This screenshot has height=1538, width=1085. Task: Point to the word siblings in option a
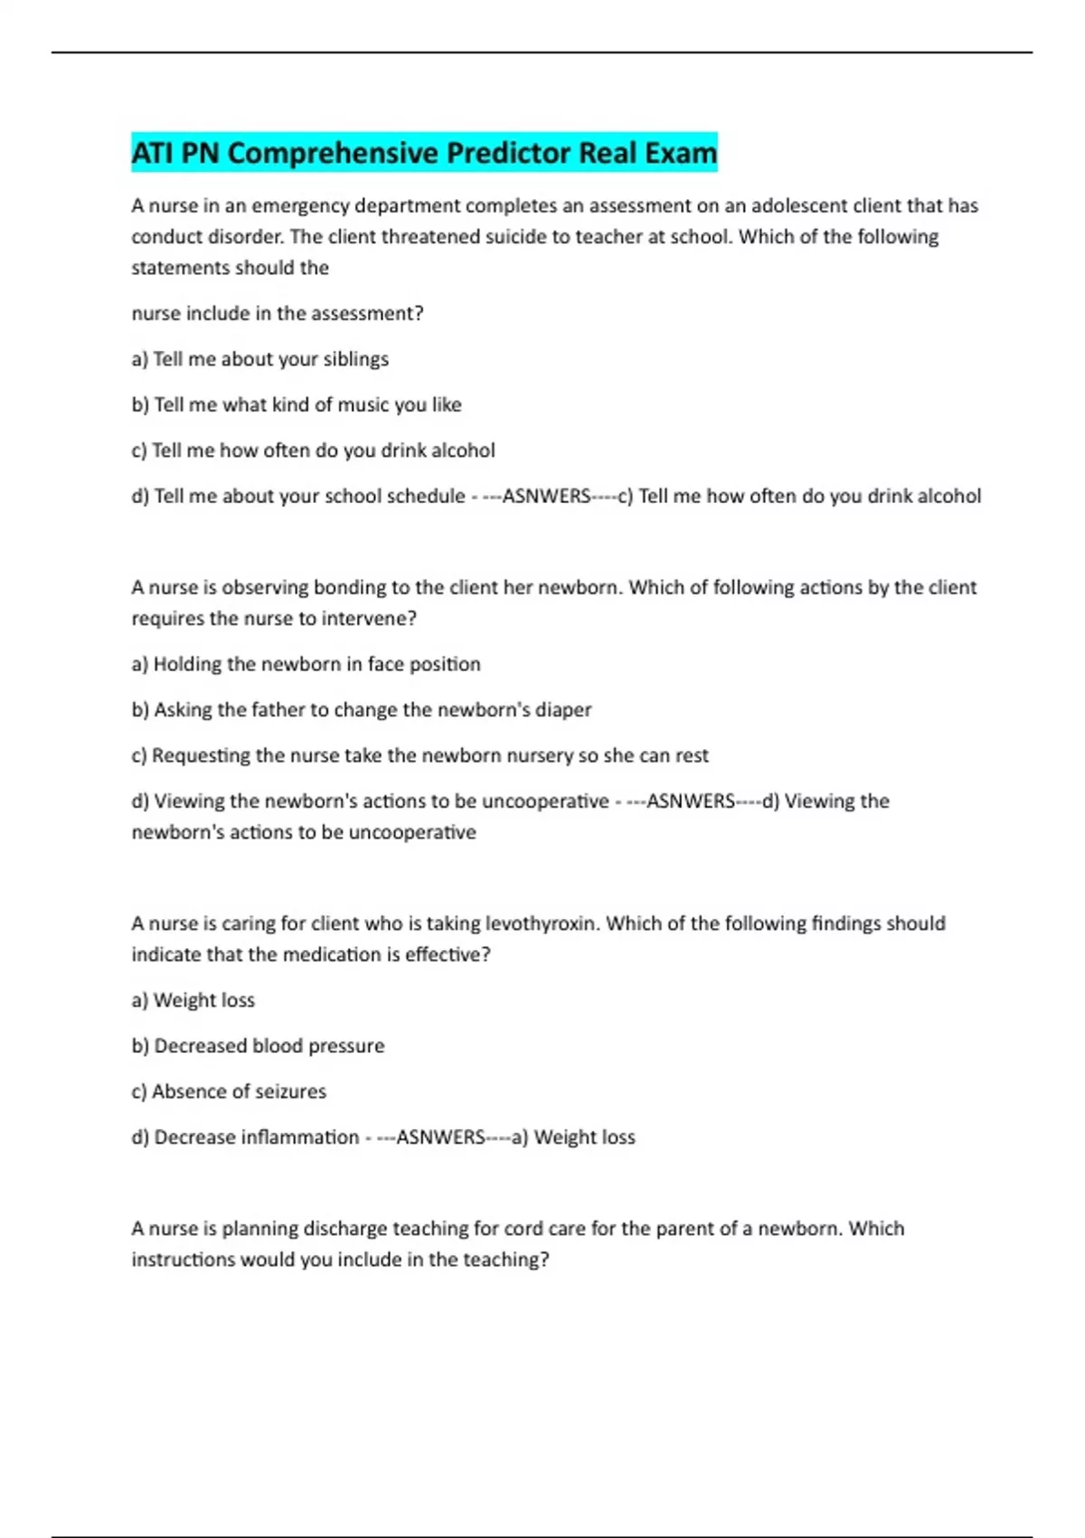click(355, 359)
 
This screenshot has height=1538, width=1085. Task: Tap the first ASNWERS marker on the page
click(546, 497)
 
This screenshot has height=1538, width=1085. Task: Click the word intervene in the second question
click(369, 619)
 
